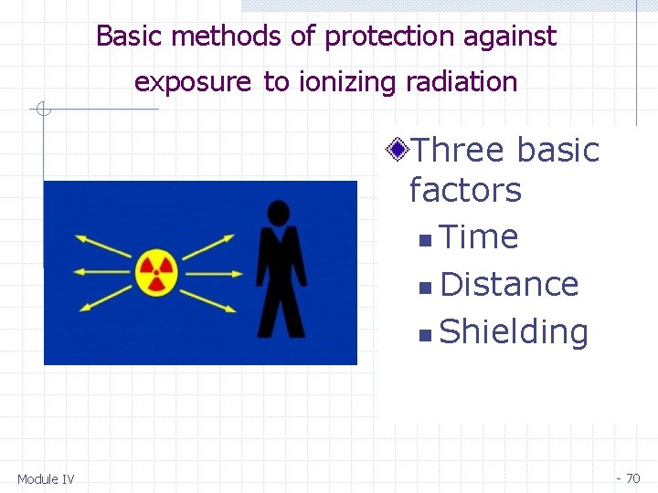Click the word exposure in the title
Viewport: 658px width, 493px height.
click(x=192, y=83)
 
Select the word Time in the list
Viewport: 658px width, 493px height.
click(x=479, y=237)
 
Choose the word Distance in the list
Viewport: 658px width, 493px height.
click(x=509, y=285)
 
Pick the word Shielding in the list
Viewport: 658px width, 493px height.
click(x=514, y=332)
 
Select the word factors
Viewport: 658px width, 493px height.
click(x=465, y=191)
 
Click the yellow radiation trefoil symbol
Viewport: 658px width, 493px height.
click(x=156, y=271)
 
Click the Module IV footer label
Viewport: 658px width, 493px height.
click(x=46, y=479)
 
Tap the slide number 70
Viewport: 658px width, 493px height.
click(x=632, y=478)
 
